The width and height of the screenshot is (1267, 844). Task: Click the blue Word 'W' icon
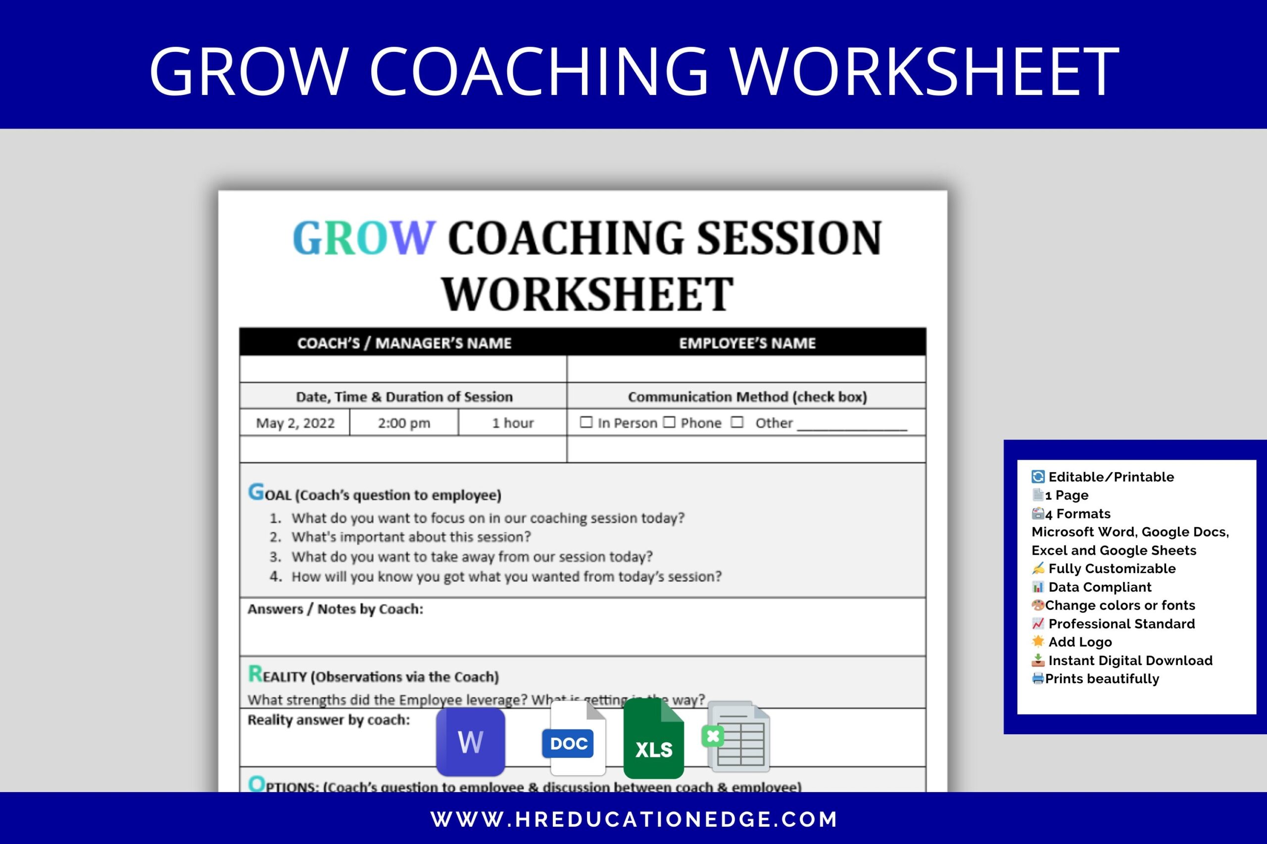point(470,742)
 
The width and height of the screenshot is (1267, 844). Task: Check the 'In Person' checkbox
point(586,422)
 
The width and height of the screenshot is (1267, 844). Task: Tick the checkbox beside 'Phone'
point(669,422)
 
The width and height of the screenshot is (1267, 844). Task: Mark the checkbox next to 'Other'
point(737,422)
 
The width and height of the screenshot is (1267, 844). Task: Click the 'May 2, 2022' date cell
point(295,423)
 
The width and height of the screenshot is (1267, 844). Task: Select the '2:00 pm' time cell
point(404,423)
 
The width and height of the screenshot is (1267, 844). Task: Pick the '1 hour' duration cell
point(512,423)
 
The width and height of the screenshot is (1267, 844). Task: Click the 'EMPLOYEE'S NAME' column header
point(747,343)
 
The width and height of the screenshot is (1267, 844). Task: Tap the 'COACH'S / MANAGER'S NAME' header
point(404,343)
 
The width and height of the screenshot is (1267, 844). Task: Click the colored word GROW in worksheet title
point(363,238)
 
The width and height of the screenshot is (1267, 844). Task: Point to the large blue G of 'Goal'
point(256,491)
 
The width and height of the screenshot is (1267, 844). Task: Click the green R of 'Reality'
point(255,673)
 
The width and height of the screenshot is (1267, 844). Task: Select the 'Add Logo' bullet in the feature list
point(1079,642)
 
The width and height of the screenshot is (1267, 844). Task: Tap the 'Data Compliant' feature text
point(1099,587)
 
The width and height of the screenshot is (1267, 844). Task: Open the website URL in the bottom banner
point(633,819)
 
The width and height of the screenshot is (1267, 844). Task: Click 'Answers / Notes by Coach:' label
point(335,609)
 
